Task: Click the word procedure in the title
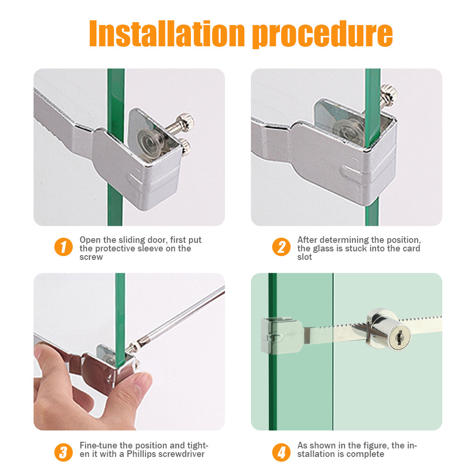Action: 322,34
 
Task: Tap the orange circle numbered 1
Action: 63,247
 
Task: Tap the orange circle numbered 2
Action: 281,247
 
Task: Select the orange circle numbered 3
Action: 63,452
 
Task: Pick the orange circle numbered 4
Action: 281,452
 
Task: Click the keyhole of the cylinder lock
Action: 399,337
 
